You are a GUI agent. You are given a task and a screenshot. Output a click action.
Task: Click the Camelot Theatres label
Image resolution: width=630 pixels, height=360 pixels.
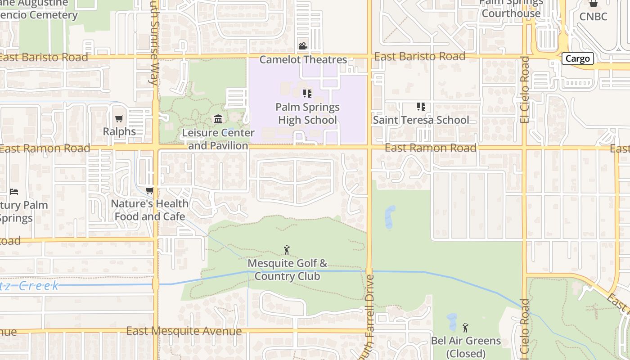(303, 59)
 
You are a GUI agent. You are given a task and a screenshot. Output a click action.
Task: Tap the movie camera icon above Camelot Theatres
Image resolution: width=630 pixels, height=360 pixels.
(303, 46)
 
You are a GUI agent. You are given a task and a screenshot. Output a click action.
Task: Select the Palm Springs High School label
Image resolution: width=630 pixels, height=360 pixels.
(307, 113)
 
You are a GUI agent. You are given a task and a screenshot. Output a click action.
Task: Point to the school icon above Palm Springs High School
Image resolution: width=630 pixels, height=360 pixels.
(307, 94)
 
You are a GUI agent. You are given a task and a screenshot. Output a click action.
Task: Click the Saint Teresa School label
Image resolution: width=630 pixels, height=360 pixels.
(421, 120)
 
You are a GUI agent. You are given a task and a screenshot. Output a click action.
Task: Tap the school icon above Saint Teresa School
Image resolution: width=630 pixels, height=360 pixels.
(421, 107)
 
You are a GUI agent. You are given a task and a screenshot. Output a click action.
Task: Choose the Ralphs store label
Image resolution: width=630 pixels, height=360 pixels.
(119, 131)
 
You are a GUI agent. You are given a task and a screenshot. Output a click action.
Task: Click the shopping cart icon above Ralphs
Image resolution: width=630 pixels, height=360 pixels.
(119, 119)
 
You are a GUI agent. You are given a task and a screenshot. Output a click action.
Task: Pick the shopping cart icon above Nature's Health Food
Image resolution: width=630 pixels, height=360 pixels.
(149, 191)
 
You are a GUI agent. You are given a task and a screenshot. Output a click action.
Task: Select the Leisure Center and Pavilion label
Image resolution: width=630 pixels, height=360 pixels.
(218, 139)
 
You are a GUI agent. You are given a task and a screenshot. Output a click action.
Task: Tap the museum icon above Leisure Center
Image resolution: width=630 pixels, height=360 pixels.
(218, 119)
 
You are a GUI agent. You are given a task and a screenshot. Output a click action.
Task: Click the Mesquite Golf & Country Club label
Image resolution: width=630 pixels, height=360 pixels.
(287, 269)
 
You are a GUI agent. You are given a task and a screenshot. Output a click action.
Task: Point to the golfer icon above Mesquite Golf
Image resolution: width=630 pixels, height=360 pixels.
(287, 250)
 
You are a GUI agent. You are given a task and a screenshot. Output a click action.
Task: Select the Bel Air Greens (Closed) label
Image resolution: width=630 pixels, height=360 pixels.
(466, 346)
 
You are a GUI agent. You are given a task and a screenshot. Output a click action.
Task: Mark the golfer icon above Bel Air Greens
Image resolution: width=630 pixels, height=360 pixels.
(466, 327)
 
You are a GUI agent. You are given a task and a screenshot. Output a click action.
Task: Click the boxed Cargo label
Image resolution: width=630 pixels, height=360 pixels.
(577, 58)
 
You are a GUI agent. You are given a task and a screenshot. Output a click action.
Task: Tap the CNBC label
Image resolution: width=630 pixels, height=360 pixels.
(593, 17)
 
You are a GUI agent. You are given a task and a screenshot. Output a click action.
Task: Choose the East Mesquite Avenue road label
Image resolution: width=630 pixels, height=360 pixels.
(184, 331)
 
